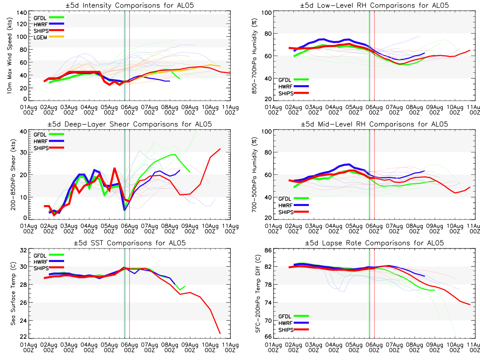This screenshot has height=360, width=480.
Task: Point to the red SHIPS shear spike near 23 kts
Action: point(114,168)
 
